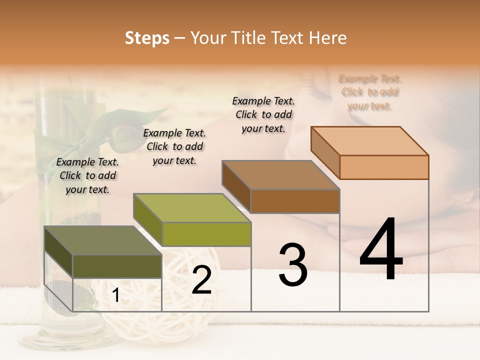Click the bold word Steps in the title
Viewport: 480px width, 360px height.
click(x=147, y=38)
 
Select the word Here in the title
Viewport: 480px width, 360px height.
click(x=328, y=38)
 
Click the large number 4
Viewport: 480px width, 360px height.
click(x=381, y=250)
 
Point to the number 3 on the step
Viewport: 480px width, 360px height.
click(x=293, y=265)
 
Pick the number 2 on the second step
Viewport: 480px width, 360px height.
click(x=201, y=280)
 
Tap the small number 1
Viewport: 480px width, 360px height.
click(x=116, y=295)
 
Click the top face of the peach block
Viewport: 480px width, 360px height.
click(x=370, y=141)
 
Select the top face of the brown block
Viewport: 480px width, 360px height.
click(x=281, y=175)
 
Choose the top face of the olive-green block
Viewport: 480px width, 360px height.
click(x=192, y=208)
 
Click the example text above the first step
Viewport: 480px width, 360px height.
click(x=87, y=175)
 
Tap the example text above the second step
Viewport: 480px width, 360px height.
click(x=174, y=146)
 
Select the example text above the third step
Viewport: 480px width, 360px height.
click(x=263, y=114)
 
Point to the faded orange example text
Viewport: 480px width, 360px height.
click(x=370, y=92)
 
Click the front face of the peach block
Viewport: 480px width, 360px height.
click(x=384, y=167)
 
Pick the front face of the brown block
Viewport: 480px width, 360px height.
click(x=295, y=201)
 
